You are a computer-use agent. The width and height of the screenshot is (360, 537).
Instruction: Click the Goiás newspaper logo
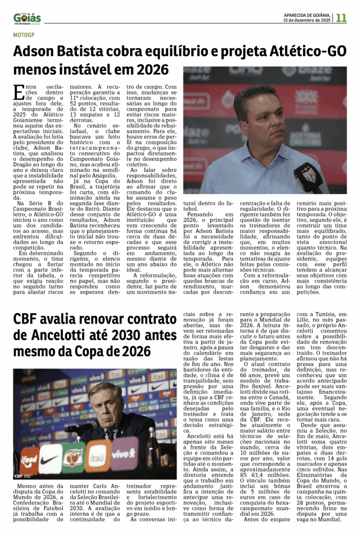coord(27,18)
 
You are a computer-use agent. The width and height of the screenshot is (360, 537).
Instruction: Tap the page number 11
coord(341,18)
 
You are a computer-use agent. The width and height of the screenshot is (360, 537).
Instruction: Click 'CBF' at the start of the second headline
coord(29,318)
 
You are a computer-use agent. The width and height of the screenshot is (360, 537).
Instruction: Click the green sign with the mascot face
coord(74,457)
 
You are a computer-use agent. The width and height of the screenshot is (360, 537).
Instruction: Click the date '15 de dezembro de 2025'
coord(306,20)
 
